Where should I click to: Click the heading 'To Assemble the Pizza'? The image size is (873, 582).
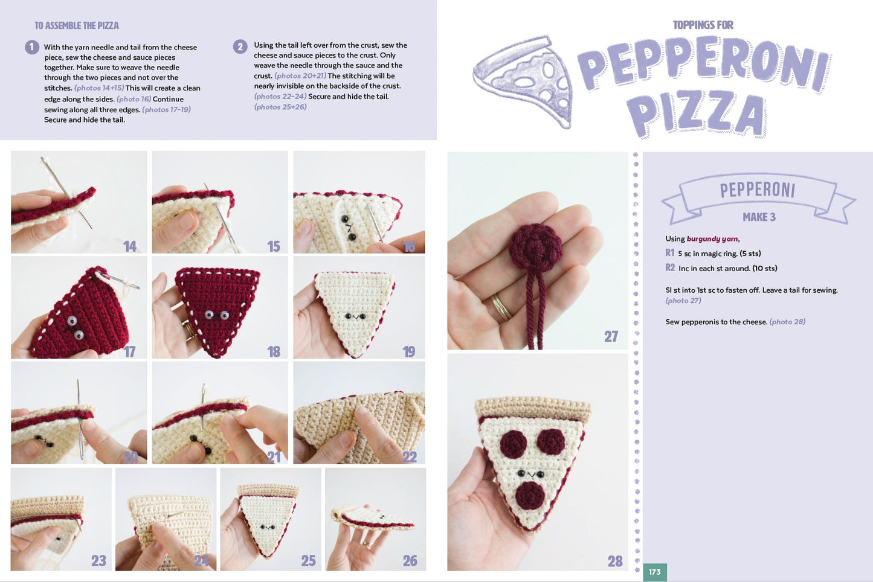(77, 25)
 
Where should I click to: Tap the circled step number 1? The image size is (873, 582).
(32, 47)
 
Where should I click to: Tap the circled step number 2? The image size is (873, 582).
(240, 46)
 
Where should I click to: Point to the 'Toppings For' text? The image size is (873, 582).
(703, 25)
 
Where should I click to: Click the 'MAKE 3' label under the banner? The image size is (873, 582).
(759, 217)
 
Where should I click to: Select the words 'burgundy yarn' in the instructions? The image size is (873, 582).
(712, 239)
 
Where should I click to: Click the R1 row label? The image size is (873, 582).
(669, 253)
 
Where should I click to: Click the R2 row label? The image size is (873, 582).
(670, 267)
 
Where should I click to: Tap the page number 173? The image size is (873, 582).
(654, 572)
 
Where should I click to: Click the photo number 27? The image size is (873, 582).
(611, 336)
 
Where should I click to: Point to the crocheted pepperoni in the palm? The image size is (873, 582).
(535, 248)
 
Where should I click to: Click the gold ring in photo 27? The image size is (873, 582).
(501, 307)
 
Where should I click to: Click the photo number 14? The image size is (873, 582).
(129, 246)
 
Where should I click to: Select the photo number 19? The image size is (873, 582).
(408, 351)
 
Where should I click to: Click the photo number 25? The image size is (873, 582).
(308, 561)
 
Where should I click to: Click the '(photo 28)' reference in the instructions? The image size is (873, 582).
(787, 322)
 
